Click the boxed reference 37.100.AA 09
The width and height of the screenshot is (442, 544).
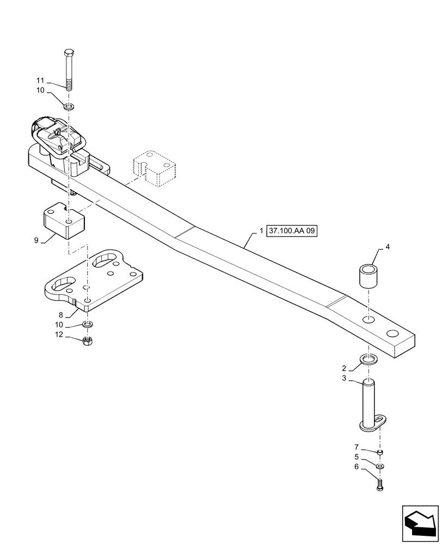(291, 231)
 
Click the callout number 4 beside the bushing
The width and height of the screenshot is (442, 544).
(388, 247)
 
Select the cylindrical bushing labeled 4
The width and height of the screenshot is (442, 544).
(367, 276)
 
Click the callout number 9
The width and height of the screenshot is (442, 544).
(36, 240)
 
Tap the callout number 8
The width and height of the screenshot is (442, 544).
(60, 315)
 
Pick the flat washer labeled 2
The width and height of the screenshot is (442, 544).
(368, 359)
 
